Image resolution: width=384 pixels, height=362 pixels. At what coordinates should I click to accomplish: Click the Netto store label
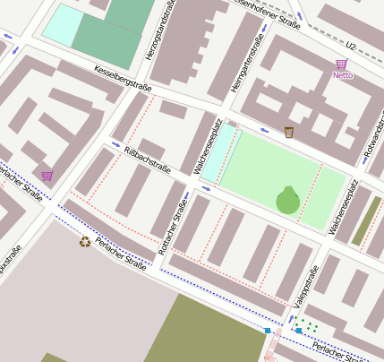(x=342, y=75)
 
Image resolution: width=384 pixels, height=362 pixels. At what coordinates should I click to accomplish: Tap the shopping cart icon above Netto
(x=341, y=65)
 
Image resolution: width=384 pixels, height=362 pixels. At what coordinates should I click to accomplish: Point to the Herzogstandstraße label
(x=162, y=32)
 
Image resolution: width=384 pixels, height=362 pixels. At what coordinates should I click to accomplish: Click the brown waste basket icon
(x=289, y=133)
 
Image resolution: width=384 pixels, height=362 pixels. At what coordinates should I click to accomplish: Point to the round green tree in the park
(x=287, y=201)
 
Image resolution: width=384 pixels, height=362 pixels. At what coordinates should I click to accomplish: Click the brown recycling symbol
(x=85, y=241)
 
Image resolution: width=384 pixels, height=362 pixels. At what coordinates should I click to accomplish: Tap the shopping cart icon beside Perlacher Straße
(x=47, y=176)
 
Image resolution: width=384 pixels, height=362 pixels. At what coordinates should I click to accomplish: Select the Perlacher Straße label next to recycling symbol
(x=120, y=253)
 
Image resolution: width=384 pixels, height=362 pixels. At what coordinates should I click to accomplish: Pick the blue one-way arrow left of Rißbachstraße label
(x=115, y=144)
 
